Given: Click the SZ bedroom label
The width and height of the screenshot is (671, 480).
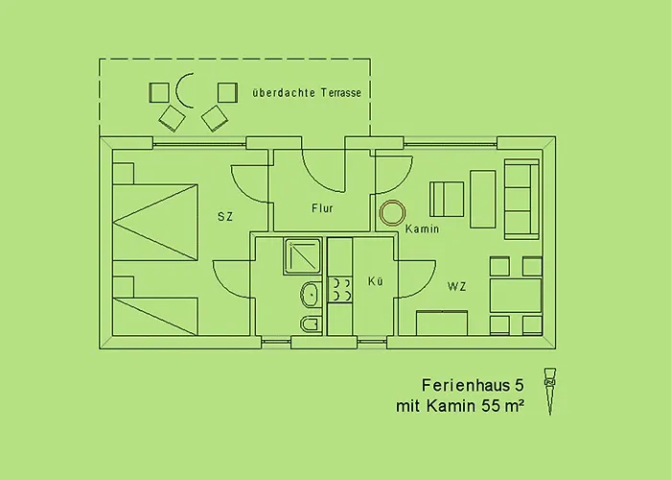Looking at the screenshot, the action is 225,217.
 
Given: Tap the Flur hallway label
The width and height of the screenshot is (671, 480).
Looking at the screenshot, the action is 322,208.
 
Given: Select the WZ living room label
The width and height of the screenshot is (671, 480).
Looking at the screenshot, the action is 456,286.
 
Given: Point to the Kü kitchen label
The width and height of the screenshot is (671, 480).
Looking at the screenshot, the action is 376,281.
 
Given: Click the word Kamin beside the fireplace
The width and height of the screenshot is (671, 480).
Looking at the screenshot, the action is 422,228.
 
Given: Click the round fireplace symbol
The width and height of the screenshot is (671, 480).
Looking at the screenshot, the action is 392,212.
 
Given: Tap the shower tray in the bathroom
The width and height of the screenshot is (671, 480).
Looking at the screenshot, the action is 302,256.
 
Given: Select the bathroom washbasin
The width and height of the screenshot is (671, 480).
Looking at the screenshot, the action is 311,295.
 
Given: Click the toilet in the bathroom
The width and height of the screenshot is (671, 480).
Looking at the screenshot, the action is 312,324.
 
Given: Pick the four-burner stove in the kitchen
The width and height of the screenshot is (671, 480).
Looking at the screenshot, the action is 340,290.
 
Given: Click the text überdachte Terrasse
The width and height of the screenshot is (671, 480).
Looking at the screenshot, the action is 307,93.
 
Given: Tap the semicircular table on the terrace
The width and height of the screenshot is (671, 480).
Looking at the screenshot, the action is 184,90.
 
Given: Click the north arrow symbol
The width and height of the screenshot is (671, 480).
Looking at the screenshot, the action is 550,391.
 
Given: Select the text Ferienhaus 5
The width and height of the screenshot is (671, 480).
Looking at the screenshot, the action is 473,385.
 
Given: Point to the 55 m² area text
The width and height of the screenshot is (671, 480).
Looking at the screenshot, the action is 503,405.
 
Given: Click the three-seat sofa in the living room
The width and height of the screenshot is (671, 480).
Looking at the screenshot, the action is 521,200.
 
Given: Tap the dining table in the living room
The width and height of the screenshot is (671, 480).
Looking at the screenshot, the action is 516,296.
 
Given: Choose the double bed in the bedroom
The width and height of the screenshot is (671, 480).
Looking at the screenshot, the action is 155,223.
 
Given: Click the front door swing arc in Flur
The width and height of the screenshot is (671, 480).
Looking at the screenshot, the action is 323,170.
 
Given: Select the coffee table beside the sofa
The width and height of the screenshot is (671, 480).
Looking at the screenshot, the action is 483,199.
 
